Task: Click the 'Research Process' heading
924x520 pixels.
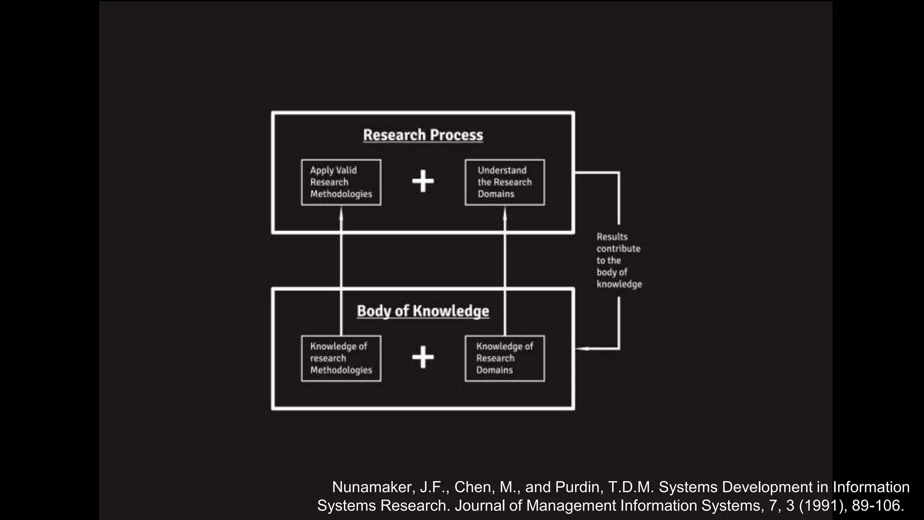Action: coord(423,135)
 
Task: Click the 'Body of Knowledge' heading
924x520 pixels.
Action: coord(423,311)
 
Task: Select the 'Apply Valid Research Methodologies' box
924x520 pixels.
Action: coord(341,182)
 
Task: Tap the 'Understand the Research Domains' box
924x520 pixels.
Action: coord(504,182)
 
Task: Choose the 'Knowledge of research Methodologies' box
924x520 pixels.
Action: coord(341,358)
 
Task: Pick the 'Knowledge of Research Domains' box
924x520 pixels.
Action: coord(504,358)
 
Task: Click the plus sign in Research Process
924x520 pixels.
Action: coord(423,181)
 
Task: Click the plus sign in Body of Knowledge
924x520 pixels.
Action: coord(423,357)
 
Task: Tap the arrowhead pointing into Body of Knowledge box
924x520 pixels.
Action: coord(582,348)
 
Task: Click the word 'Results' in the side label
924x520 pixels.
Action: coord(612,237)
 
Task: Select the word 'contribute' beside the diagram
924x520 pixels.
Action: coord(618,249)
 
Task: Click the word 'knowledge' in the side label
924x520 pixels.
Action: coord(619,284)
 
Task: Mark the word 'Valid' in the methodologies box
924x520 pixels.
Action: coord(346,171)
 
